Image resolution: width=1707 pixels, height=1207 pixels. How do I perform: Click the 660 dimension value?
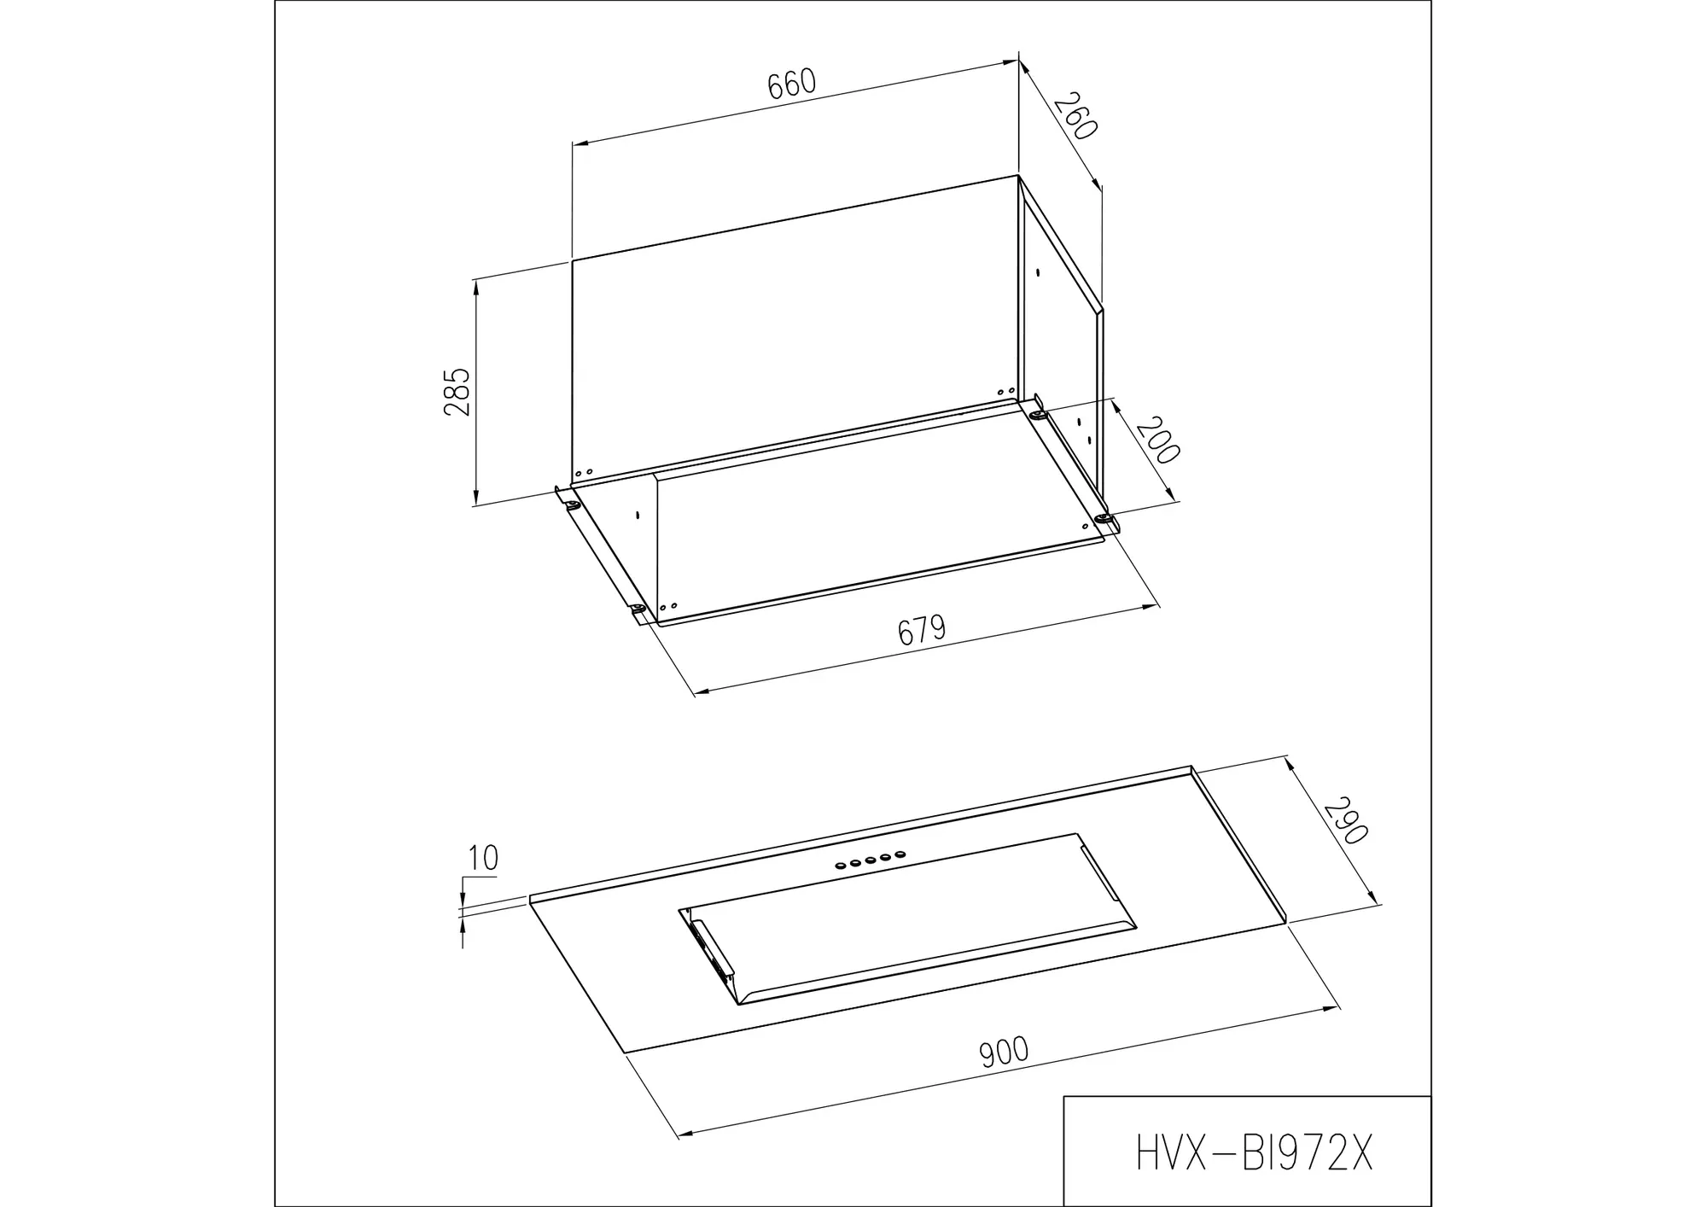(792, 84)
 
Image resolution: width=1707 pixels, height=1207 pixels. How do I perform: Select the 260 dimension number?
(1075, 117)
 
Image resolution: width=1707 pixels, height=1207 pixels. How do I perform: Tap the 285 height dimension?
(457, 392)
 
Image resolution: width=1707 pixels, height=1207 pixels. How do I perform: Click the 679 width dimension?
(922, 630)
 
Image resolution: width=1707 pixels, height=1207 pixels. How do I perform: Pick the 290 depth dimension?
(1346, 821)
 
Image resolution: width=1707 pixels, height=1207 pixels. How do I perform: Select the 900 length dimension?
(1004, 1052)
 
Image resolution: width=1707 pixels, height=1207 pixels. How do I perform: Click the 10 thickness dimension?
(483, 858)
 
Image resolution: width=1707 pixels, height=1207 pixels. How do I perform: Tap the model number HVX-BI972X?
(1255, 1153)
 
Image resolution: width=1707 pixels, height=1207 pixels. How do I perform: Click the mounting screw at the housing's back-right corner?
(1038, 415)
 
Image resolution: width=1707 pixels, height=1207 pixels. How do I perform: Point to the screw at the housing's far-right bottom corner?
(1104, 519)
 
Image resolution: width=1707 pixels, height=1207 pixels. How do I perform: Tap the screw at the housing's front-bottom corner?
(638, 609)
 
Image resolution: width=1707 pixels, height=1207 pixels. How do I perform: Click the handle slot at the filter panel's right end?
(1099, 874)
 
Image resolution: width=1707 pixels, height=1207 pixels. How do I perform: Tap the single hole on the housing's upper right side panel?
(1037, 274)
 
